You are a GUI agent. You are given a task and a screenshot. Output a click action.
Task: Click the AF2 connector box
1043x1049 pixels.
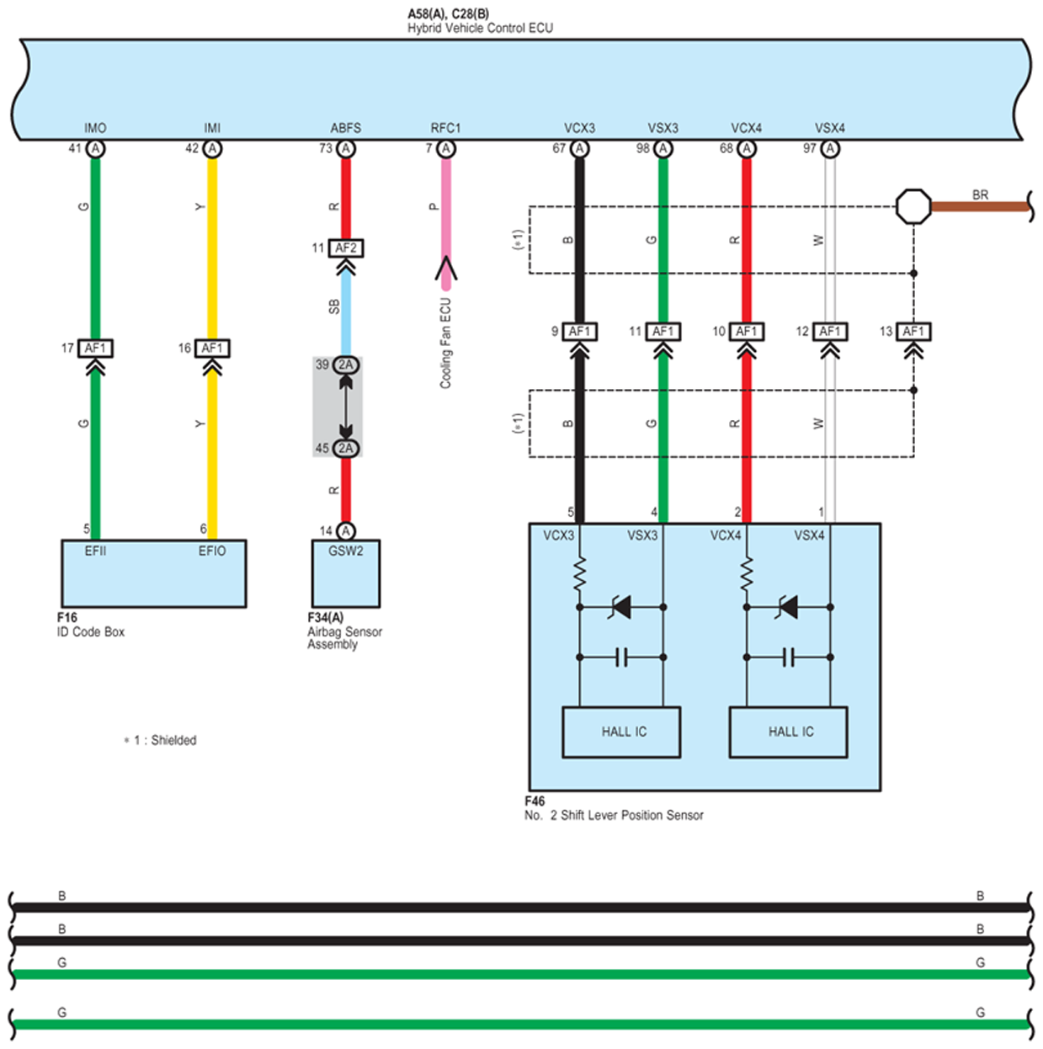coord(346,248)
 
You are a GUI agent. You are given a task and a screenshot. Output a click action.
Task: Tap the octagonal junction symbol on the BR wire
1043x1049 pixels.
coord(913,206)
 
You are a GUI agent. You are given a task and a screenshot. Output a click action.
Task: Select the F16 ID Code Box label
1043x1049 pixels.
coord(91,625)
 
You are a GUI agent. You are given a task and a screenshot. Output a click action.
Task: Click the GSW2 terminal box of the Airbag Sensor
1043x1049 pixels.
coord(346,573)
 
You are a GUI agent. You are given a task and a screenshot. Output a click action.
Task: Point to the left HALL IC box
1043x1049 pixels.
coord(621,732)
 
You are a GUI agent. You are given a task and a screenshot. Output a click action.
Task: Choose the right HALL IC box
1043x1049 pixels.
coord(788,732)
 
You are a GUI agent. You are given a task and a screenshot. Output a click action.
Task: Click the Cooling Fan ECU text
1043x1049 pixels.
coord(446,343)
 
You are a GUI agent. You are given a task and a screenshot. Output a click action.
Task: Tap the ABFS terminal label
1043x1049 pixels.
coord(346,128)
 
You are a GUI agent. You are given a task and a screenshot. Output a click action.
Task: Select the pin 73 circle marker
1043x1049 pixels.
coord(346,149)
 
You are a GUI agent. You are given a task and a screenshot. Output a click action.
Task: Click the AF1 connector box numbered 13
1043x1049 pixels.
coord(913,332)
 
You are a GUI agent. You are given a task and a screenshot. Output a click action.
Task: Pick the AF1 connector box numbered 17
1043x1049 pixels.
coord(95,349)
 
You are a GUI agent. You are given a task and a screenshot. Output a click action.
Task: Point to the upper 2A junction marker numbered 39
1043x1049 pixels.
coord(346,365)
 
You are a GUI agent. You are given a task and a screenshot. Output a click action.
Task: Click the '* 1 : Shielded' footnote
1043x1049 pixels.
coord(160,740)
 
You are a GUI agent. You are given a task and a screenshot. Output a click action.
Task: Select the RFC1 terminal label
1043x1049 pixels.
coord(446,128)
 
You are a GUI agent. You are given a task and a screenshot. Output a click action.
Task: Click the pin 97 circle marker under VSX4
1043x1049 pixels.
coord(830,149)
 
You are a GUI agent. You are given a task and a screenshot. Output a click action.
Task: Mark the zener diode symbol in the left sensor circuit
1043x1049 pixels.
coord(620,607)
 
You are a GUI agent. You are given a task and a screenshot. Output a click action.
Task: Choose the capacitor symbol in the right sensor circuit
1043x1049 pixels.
coord(788,657)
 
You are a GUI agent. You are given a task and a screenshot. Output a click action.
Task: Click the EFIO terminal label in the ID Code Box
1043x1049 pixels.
coord(212,551)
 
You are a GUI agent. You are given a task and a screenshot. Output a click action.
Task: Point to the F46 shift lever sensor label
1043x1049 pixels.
coord(614,808)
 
